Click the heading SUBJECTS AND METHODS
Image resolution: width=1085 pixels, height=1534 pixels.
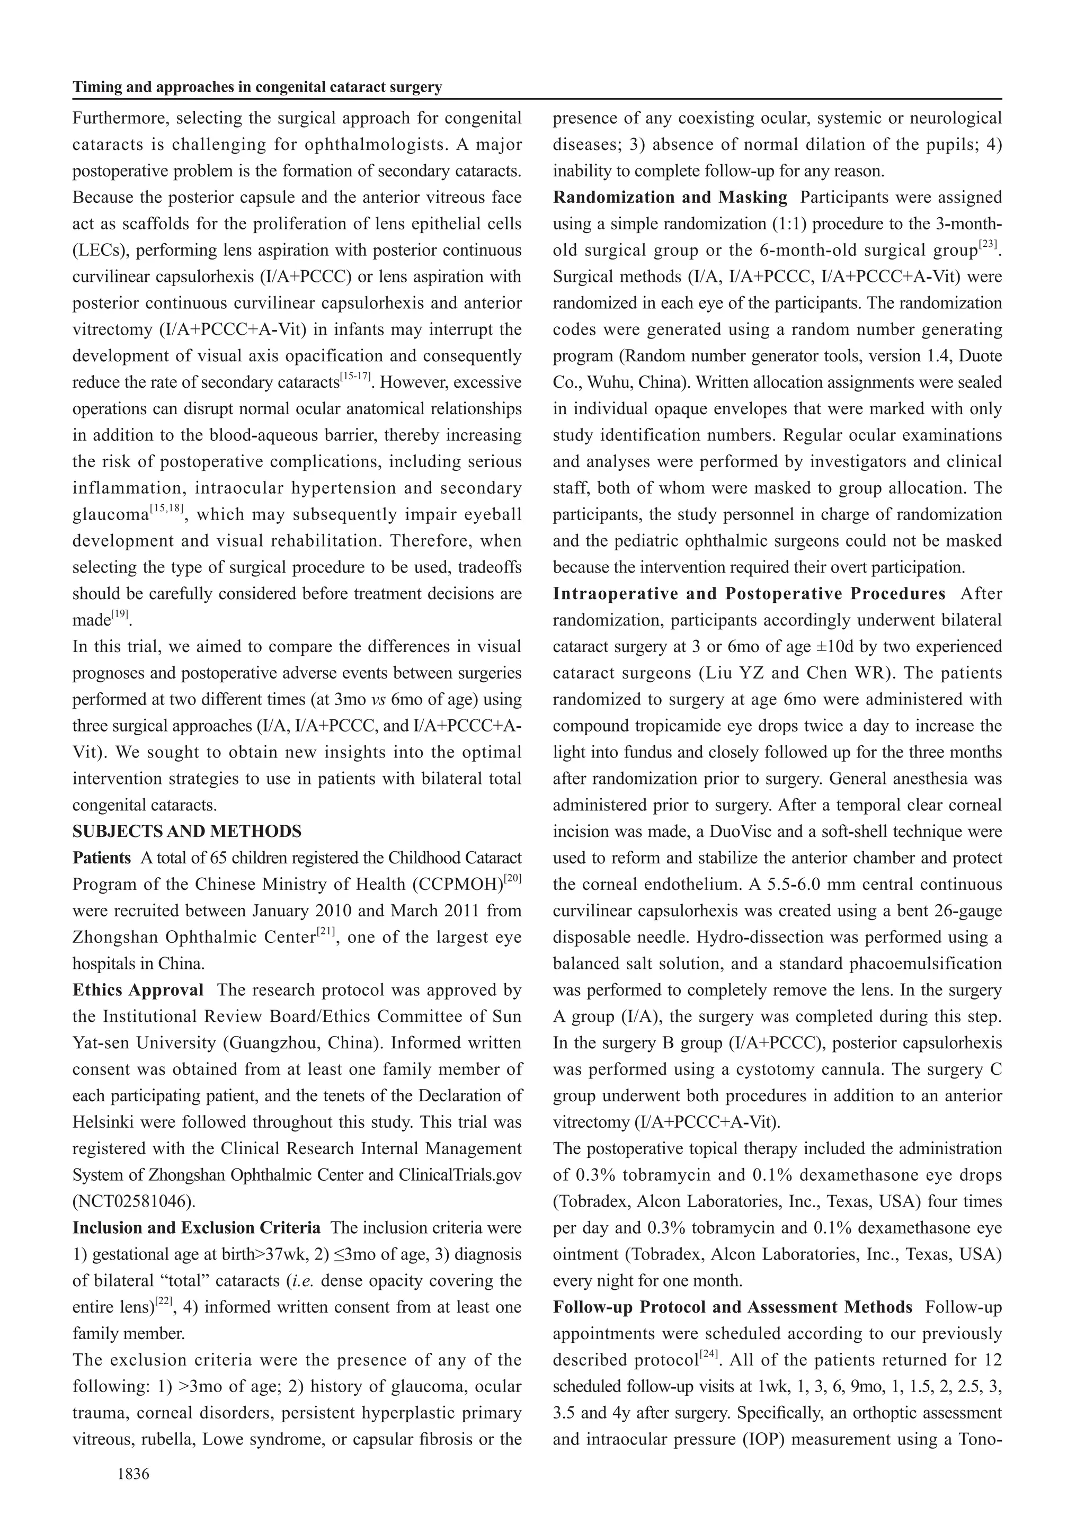(187, 831)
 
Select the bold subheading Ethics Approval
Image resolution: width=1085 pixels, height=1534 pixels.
(138, 990)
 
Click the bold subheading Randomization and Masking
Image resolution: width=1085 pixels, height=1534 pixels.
(670, 198)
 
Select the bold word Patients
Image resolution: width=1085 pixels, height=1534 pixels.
(102, 858)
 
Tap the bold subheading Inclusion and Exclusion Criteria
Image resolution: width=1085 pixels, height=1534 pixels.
(197, 1227)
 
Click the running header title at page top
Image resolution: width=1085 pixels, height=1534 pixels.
(257, 87)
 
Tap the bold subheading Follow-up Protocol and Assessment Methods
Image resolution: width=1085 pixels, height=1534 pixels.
(732, 1307)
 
